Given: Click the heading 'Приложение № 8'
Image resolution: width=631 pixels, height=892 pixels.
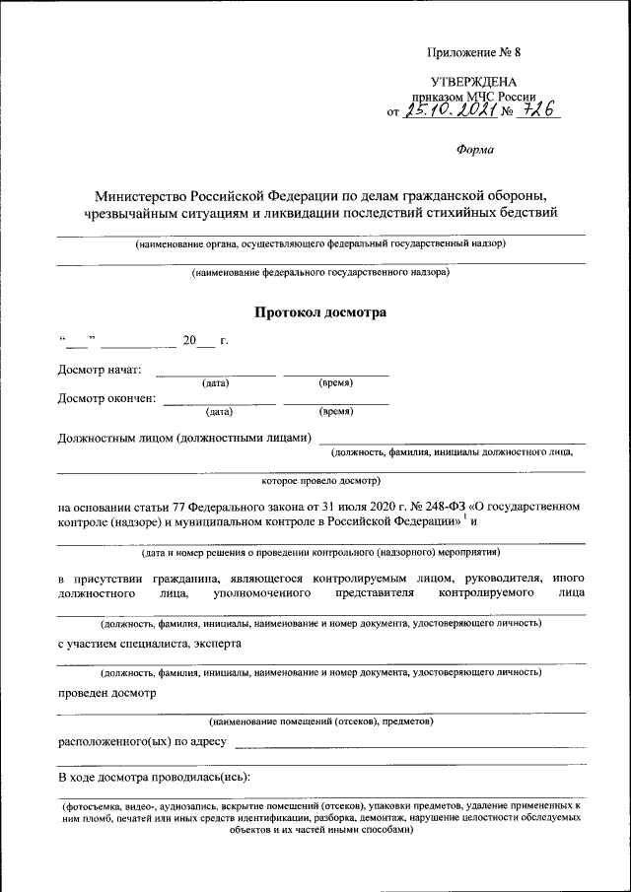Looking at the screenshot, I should tap(467, 52).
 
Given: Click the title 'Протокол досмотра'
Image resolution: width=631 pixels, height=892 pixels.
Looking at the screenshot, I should tap(320, 312).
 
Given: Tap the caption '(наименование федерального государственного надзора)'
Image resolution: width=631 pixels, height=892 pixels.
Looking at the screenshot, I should tap(320, 271).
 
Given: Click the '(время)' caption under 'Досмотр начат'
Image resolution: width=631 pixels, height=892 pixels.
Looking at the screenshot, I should tap(336, 382).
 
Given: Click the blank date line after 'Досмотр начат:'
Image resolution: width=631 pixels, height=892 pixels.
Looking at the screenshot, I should tap(216, 373).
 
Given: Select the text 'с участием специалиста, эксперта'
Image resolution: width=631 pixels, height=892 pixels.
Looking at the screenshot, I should tap(149, 644).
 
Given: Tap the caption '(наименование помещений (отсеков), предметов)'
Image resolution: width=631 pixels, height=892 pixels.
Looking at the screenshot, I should tap(320, 721).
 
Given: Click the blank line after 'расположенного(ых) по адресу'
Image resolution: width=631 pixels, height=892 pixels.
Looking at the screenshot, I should tap(409, 743).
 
